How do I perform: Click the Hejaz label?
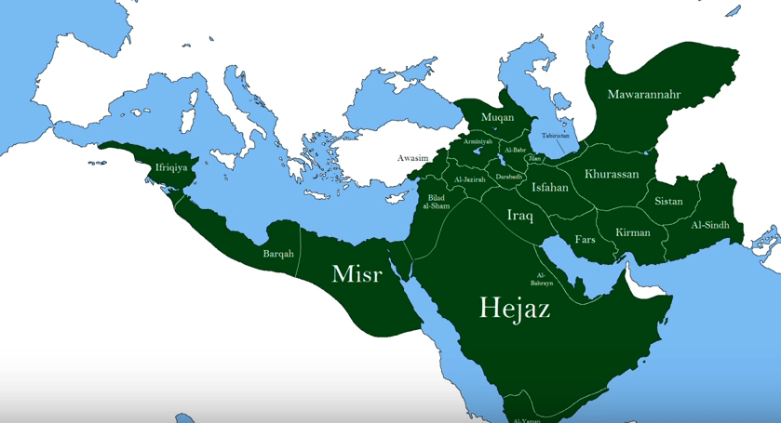pyautogui.click(x=514, y=308)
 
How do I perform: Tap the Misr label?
pyautogui.click(x=357, y=274)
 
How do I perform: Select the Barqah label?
pyautogui.click(x=278, y=253)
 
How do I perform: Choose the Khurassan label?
pyautogui.click(x=612, y=174)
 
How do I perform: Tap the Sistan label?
pyautogui.click(x=668, y=201)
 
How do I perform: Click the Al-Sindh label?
pyautogui.click(x=710, y=225)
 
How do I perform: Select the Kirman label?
pyautogui.click(x=633, y=232)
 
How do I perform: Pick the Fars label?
pyautogui.click(x=585, y=239)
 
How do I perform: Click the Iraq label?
pyautogui.click(x=519, y=216)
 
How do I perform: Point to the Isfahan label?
pyautogui.click(x=549, y=187)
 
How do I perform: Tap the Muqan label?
pyautogui.click(x=497, y=118)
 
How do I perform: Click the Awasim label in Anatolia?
pyautogui.click(x=412, y=158)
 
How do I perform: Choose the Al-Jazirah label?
pyautogui.click(x=469, y=179)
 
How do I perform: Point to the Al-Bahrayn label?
pyautogui.click(x=543, y=277)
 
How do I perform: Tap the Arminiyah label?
pyautogui.click(x=478, y=140)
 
